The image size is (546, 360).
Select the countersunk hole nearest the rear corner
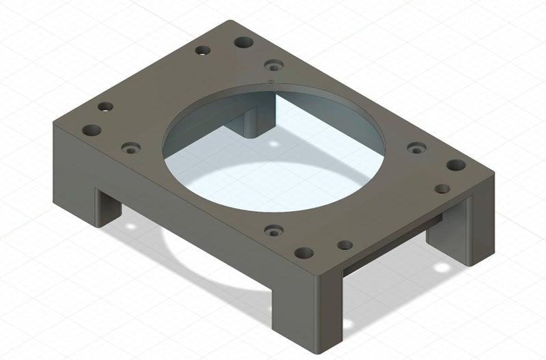click(274, 65)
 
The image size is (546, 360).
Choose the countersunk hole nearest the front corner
click(273, 230)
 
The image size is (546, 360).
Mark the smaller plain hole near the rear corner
click(203, 51)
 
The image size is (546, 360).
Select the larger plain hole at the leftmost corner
click(91, 130)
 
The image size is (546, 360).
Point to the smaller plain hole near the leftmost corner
click(105, 107)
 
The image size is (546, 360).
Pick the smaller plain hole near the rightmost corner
click(443, 189)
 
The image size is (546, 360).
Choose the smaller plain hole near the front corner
click(345, 245)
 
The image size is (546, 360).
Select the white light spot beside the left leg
click(130, 225)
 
